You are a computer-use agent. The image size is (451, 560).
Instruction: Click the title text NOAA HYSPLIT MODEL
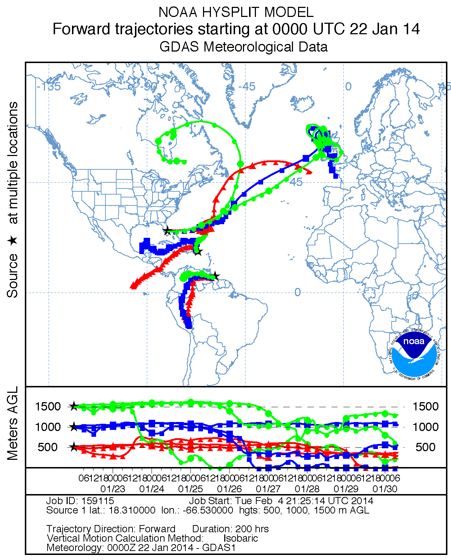point(236,12)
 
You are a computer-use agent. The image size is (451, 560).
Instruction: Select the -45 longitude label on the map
point(247,86)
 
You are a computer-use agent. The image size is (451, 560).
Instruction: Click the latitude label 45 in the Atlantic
point(296,182)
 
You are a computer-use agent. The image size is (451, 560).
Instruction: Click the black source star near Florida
point(167,230)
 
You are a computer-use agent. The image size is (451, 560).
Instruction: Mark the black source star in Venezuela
point(215,276)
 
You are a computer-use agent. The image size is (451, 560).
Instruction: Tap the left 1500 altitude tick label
point(48,406)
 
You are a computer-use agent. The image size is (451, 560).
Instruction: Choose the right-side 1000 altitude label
point(425,427)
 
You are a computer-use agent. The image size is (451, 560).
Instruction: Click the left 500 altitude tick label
point(48,447)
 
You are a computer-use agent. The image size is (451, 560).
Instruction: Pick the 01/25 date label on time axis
point(190,489)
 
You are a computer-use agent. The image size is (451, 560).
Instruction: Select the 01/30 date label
point(385,489)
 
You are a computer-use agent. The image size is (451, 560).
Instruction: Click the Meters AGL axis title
point(13,423)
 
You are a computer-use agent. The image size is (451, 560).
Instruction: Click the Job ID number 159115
point(98,501)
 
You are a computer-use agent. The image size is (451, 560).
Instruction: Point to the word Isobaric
point(240,538)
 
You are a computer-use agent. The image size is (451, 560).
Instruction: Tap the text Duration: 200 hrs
point(230,529)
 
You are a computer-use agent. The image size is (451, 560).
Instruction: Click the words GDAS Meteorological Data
point(243,47)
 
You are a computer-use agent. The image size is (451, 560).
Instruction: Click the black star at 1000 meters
point(73,427)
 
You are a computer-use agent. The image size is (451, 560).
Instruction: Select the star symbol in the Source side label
point(13,240)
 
